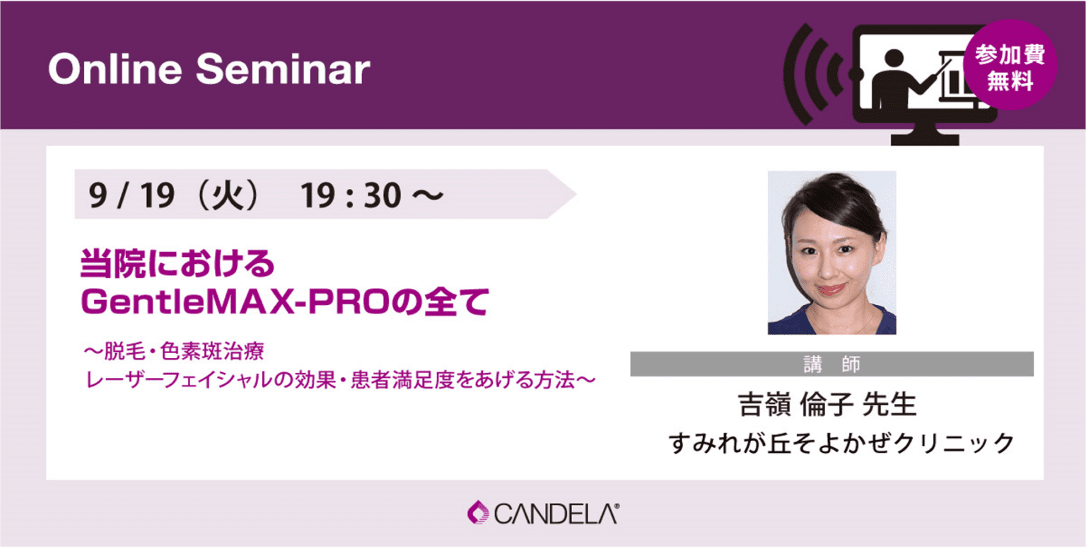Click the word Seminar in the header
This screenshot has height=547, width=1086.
coord(282,70)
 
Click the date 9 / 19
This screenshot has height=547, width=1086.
coord(132,195)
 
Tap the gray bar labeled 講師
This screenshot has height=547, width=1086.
coord(831,364)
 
